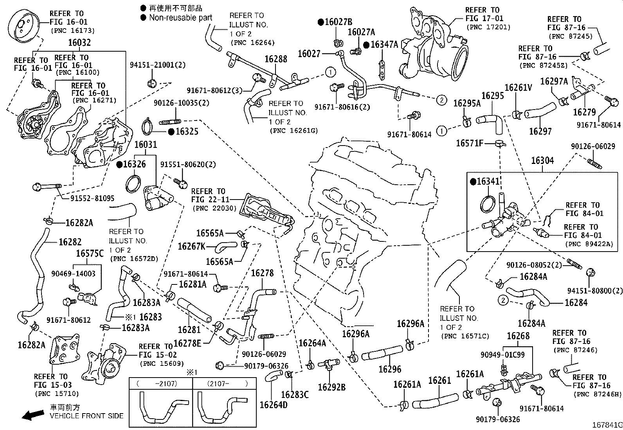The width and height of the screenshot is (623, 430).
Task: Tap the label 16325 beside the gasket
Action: [x=187, y=131]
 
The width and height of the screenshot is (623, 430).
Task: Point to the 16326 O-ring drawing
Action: [x=133, y=183]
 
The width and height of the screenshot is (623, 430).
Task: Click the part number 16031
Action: [x=146, y=145]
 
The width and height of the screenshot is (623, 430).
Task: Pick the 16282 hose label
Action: [x=70, y=242]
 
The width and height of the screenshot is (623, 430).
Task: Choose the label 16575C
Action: [x=90, y=254]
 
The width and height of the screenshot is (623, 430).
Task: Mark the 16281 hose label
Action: [x=189, y=330]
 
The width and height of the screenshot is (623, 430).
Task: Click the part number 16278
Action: [x=262, y=273]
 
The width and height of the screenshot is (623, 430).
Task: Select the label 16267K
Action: [x=191, y=246]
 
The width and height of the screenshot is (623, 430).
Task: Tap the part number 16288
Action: [x=275, y=59]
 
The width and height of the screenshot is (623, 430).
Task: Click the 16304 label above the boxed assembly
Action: [x=542, y=160]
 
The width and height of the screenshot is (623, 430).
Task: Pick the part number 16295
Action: [x=492, y=95]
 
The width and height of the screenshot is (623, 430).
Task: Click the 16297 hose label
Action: [x=540, y=131]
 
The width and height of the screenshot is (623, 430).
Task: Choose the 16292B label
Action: [x=331, y=387]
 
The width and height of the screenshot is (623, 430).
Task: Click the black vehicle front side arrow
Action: [x=32, y=415]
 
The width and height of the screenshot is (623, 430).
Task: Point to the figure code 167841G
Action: [x=607, y=425]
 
